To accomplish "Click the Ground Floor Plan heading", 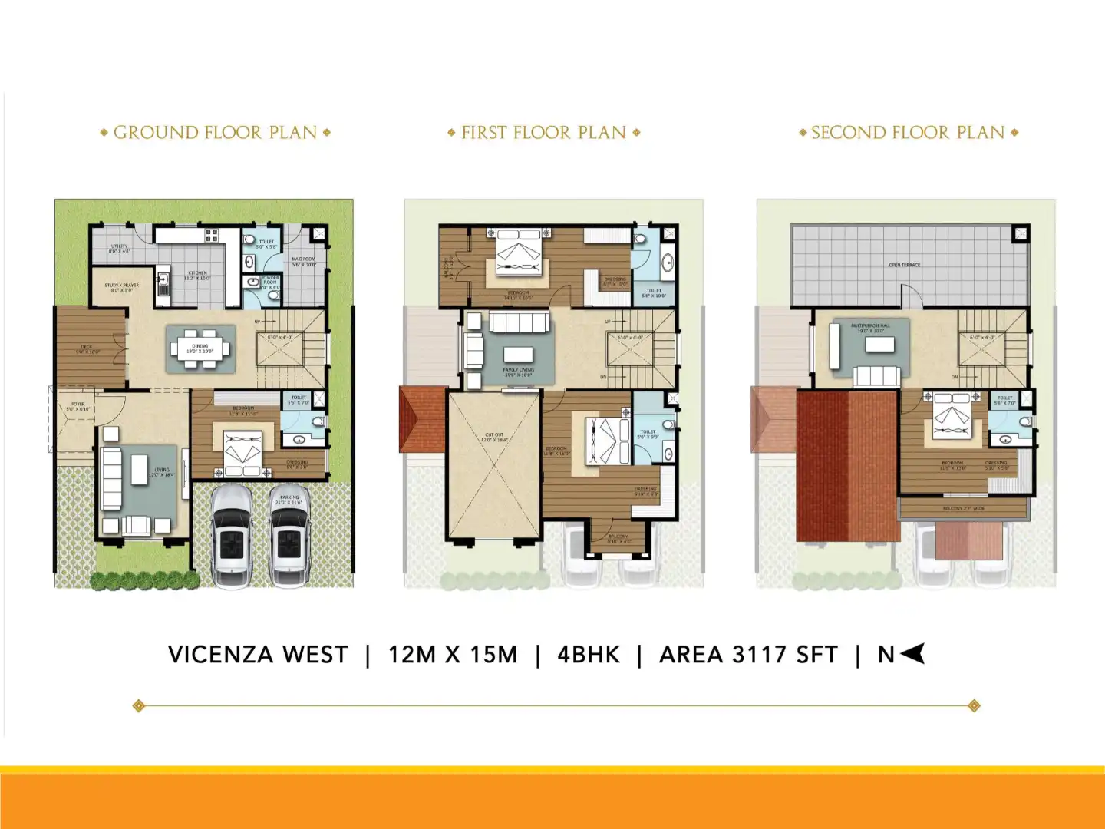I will pos(215,133).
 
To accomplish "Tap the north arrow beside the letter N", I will pos(912,654).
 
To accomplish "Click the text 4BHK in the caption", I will pos(588,655).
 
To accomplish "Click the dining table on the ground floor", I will pos(200,349).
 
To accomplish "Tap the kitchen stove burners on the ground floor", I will pos(211,236).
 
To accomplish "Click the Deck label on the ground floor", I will pos(87,349).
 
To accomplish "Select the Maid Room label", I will pos(304,261).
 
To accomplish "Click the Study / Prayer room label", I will pos(121,287).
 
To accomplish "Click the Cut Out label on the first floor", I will pos(494,437).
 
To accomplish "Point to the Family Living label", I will pos(518,372).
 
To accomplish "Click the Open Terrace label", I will pos(905,265).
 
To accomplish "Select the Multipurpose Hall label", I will pos(870,328).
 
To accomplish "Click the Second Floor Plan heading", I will pos(908,133).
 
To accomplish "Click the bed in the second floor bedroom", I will pos(952,418).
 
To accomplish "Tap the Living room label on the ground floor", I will pos(162,472).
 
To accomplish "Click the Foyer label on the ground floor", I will pos(78,406).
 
